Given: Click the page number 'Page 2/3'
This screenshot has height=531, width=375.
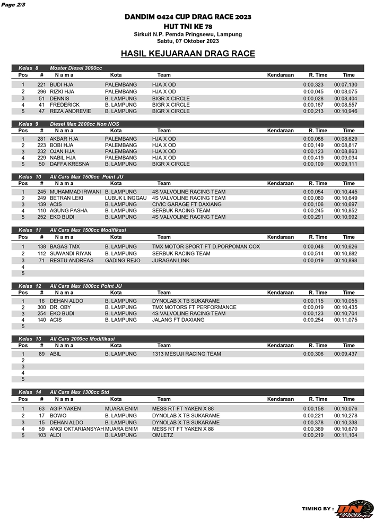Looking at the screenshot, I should coord(13,5).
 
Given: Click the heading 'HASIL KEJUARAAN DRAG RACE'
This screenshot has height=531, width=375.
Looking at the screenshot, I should coord(188,54).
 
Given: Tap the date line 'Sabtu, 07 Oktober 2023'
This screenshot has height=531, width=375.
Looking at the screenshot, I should coord(188,41).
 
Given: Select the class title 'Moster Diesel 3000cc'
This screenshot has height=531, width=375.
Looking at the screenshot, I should coord(76,68).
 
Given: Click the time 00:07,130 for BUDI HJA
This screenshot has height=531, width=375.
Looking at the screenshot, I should coord(345,85).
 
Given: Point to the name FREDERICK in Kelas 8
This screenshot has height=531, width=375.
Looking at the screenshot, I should coord(65,105).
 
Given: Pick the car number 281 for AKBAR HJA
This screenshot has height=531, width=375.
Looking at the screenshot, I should coord(41,139).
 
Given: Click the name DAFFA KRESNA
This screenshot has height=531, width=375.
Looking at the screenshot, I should coord(69,164).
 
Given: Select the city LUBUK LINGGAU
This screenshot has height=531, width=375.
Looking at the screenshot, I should coord(126,198).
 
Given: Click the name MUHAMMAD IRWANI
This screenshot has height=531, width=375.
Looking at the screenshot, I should coord(75,192).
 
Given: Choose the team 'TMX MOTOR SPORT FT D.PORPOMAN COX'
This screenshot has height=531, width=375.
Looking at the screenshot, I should coord(206,247).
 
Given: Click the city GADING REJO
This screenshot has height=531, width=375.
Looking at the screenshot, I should coord(123,261).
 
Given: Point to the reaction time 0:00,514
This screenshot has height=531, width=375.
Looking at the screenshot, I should coord(313,254).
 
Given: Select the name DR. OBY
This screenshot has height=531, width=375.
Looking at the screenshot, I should coord(60,307).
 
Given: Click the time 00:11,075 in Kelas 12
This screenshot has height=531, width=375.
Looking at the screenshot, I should coord(345,320).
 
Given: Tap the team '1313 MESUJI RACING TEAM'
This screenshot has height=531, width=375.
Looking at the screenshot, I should coord(186,354).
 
